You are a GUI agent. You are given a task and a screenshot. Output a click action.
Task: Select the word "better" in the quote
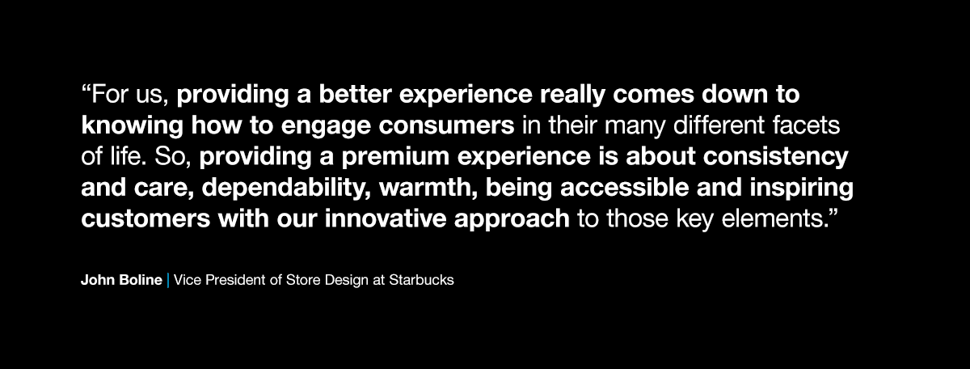(353, 95)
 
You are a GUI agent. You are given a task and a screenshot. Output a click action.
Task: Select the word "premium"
(428, 156)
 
